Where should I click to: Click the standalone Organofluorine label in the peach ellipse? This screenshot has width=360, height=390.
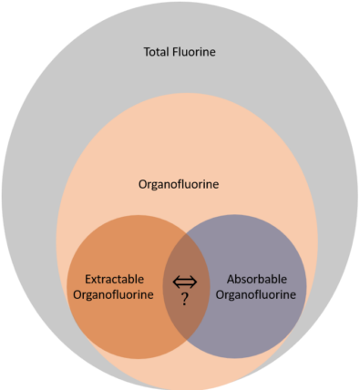point(179,184)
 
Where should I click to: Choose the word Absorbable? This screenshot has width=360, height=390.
point(253,278)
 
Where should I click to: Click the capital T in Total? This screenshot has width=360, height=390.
point(148,51)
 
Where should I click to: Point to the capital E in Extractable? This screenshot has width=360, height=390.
point(87,278)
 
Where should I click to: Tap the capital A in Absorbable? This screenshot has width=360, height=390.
point(228,278)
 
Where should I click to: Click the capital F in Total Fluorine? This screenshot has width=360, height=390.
point(178,51)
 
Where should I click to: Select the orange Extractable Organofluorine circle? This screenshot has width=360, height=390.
point(100,328)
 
